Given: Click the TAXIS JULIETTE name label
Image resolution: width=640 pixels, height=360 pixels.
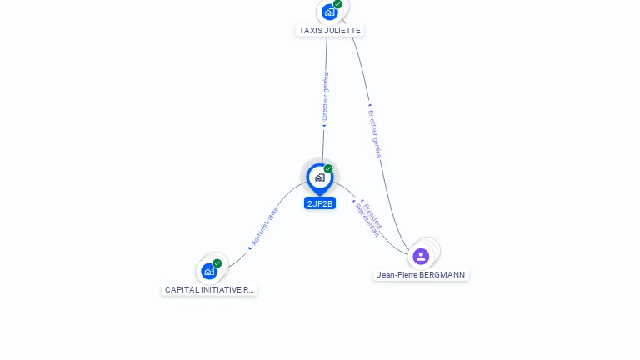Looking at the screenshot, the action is click(331, 30).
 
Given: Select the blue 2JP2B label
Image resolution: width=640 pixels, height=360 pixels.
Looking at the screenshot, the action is click(320, 203).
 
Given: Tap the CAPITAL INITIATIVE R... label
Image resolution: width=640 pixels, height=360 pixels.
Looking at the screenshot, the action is click(209, 290).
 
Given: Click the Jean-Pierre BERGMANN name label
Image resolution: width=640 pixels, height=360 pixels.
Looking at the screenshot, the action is click(421, 274).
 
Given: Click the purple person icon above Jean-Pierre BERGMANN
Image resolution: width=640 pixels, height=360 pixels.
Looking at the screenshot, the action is click(421, 256).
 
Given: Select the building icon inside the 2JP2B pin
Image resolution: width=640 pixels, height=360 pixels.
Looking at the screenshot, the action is click(319, 177).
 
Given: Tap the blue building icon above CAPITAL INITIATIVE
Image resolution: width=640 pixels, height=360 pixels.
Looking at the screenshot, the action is click(208, 271).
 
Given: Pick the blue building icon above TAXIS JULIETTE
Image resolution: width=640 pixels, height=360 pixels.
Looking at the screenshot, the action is click(329, 12).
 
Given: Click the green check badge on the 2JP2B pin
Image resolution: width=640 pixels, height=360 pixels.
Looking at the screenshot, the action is click(328, 168).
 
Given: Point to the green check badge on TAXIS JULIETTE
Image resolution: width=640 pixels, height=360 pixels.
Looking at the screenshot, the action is click(337, 4).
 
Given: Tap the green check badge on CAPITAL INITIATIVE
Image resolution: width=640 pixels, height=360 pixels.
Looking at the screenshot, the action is click(217, 263).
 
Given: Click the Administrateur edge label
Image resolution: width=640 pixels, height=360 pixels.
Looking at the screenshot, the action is click(265, 226).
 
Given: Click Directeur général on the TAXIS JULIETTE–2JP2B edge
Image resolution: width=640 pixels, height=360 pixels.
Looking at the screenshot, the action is click(325, 97).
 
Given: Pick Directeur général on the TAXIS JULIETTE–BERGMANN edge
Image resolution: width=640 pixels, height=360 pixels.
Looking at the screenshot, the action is click(375, 132).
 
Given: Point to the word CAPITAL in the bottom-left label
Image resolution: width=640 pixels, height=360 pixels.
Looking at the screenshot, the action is click(180, 290).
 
